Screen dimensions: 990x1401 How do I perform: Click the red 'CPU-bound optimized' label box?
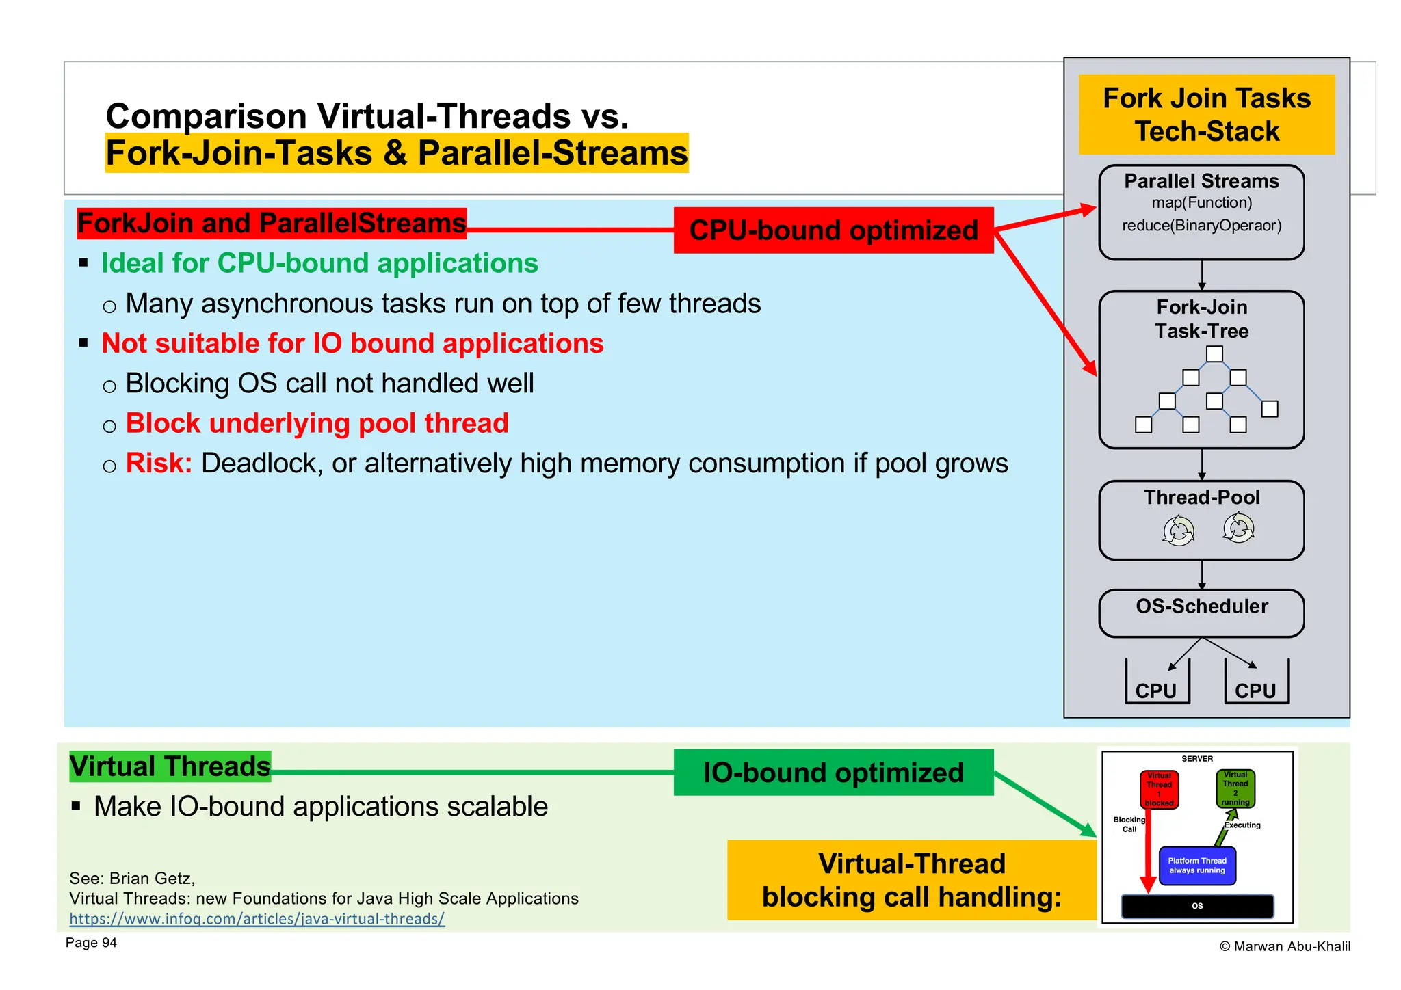pos(833,230)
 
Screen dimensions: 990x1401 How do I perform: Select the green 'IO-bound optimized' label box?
pos(833,773)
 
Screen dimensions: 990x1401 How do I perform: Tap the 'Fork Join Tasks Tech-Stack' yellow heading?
pos(1206,114)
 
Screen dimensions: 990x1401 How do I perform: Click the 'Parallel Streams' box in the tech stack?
pos(1201,212)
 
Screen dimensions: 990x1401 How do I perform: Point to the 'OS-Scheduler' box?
pos(1201,613)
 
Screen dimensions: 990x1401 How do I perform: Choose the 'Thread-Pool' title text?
pos(1201,497)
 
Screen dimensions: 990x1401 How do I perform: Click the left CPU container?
pos(1157,684)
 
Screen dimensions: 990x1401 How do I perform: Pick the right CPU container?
pos(1256,684)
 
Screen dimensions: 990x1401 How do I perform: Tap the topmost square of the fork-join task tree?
pos(1214,354)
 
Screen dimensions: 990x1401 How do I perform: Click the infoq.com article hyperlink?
pos(257,919)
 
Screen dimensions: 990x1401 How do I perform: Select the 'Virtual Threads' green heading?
pos(170,766)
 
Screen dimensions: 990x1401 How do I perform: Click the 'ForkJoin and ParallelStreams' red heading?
pos(272,224)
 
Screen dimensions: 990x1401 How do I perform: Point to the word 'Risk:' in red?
pos(159,464)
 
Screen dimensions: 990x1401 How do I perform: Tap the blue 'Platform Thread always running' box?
pos(1196,866)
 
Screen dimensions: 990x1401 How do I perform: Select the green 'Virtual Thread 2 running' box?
pos(1235,788)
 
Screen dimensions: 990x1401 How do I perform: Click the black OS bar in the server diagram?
pos(1196,906)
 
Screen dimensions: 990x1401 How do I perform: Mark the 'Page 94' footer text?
pos(91,943)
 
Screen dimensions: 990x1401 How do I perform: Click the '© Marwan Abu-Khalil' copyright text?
pos(1284,946)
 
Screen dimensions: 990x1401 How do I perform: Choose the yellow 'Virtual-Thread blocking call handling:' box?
pos(911,880)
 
